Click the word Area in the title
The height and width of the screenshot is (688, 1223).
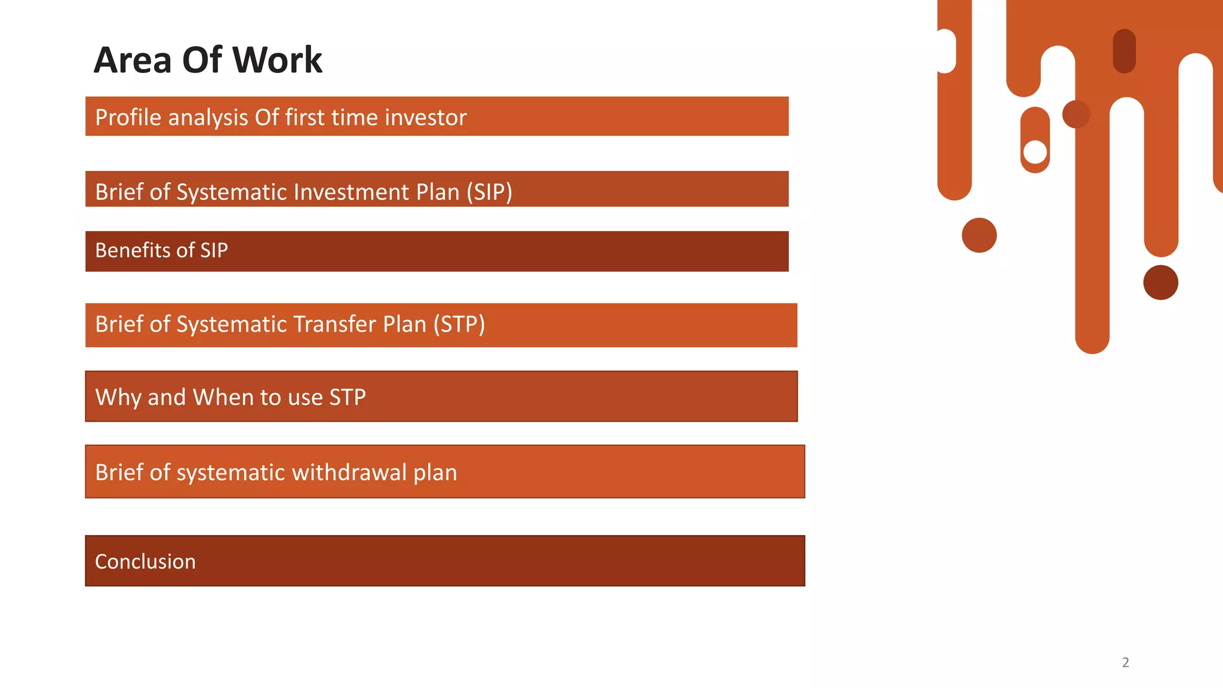tap(133, 60)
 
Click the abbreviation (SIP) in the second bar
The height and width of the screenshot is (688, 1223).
tap(489, 192)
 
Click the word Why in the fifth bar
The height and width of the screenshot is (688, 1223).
tap(118, 397)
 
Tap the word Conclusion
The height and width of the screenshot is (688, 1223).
tap(145, 561)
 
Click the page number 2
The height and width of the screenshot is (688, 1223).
tap(1125, 662)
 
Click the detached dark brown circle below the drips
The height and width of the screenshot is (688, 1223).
tap(1160, 282)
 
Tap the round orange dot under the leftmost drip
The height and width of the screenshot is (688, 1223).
tap(979, 235)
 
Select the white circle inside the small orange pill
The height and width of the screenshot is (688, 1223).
tap(1035, 152)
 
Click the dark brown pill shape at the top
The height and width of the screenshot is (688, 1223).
tap(1124, 51)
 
